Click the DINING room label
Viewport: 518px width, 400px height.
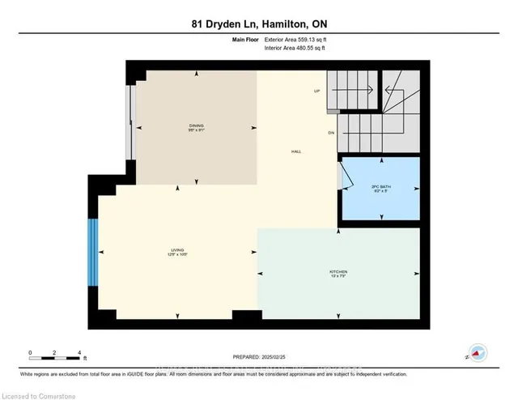coord(196,126)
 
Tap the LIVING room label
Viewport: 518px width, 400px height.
coord(177,250)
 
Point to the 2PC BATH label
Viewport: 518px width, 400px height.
coord(380,187)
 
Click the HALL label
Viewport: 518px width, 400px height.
coord(297,151)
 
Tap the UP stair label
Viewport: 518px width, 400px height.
coord(318,91)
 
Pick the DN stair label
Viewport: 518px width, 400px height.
coord(331,132)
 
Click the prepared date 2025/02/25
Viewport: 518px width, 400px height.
coord(259,357)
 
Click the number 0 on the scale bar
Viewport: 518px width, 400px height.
coord(30,353)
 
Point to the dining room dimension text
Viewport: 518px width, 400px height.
coord(196,131)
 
